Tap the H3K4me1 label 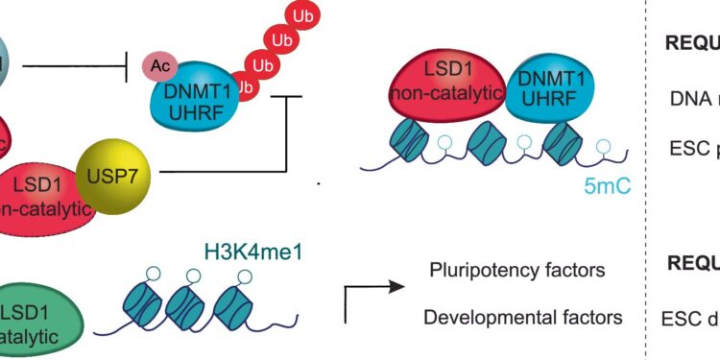tap(250, 253)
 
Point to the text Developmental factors tap(522, 317)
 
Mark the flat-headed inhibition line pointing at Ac tap(77, 66)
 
